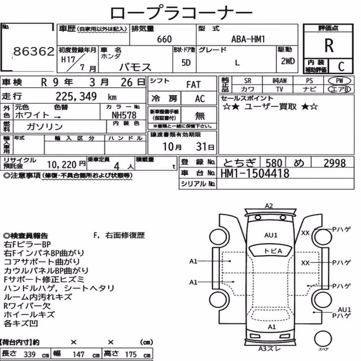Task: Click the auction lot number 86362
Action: [34, 51]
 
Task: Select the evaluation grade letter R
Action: [329, 45]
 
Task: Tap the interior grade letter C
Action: [341, 66]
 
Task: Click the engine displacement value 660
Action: [164, 39]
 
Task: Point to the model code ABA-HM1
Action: [248, 39]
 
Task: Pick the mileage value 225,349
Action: [76, 96]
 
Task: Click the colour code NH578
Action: [124, 115]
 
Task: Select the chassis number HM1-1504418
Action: [255, 173]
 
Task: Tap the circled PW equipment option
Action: [339, 81]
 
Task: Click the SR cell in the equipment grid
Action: [248, 81]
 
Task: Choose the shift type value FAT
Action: [193, 84]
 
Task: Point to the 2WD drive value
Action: [288, 61]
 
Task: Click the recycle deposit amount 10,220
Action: [62, 164]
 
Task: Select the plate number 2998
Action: [335, 163]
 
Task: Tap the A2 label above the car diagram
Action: [269, 206]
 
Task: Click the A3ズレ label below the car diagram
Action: [270, 349]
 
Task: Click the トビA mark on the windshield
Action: [273, 251]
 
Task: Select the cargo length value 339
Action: [30, 354]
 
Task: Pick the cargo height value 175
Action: [131, 354]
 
